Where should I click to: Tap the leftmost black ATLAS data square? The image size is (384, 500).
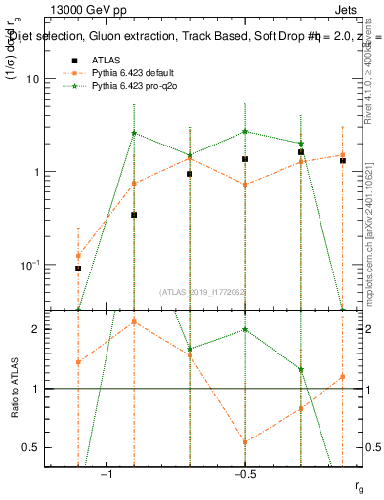78,268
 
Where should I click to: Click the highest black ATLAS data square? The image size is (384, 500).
301,152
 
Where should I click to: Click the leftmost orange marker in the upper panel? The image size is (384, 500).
78,256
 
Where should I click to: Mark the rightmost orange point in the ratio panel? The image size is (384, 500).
342,377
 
